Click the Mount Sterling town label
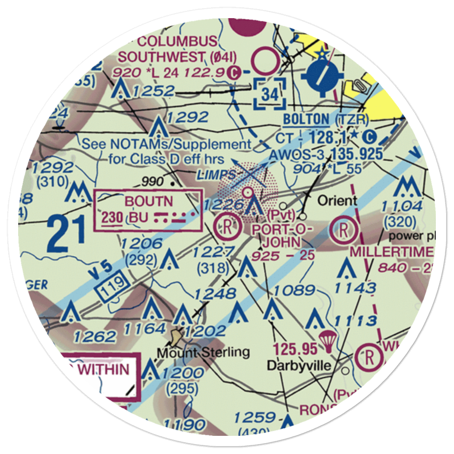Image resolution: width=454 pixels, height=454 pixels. [x=203, y=352]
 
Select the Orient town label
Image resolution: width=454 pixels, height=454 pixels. [x=337, y=200]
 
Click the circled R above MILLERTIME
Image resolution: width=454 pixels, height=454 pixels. [x=344, y=229]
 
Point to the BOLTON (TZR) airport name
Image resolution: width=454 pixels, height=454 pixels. [x=326, y=119]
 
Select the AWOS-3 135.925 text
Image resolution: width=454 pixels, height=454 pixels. [x=326, y=154]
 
